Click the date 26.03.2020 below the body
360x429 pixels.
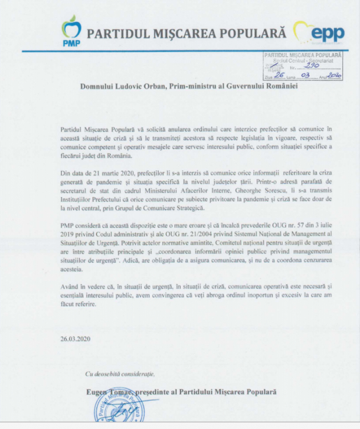click(x=74, y=340)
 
